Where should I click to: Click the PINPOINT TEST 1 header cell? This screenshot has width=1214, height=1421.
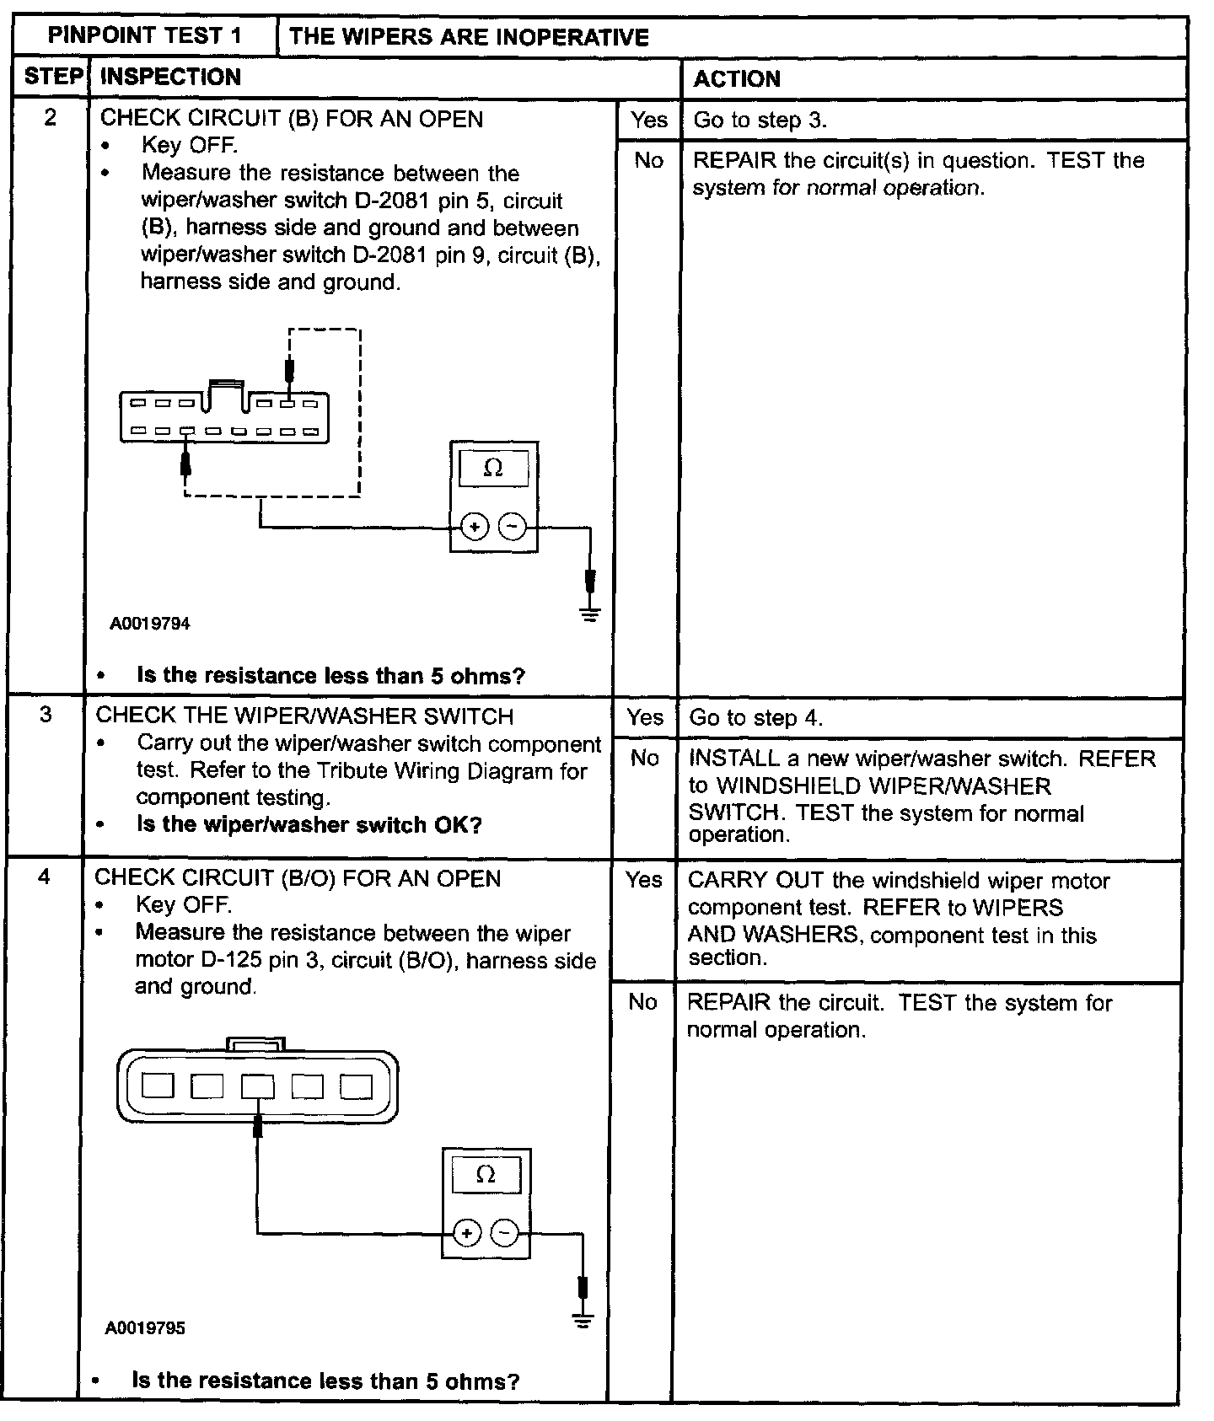(144, 35)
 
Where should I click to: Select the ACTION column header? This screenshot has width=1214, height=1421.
(737, 78)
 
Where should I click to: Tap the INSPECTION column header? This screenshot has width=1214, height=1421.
(170, 77)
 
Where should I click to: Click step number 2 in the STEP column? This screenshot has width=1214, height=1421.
(51, 118)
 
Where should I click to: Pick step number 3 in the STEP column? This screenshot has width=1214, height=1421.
(46, 715)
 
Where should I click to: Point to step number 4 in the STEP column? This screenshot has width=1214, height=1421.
(44, 877)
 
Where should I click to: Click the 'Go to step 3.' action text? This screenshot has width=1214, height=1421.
(760, 120)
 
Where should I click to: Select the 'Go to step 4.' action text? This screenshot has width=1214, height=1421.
(755, 718)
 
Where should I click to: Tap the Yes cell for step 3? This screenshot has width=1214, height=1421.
(645, 717)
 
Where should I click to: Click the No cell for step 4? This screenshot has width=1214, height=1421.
(642, 1001)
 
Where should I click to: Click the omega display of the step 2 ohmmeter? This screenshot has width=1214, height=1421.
(493, 468)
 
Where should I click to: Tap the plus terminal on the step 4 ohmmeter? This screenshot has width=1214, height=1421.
(465, 1233)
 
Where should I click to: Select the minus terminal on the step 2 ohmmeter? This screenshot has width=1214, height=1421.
(512, 528)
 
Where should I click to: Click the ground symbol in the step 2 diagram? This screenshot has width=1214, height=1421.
(590, 614)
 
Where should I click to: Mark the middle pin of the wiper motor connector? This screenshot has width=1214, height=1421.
(257, 1086)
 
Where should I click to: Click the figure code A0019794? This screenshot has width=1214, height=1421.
(150, 624)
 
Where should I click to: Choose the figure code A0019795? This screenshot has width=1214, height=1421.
(145, 1328)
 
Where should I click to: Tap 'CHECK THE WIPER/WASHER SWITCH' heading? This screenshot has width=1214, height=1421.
(304, 716)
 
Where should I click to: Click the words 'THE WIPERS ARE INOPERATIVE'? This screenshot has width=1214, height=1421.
(469, 37)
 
